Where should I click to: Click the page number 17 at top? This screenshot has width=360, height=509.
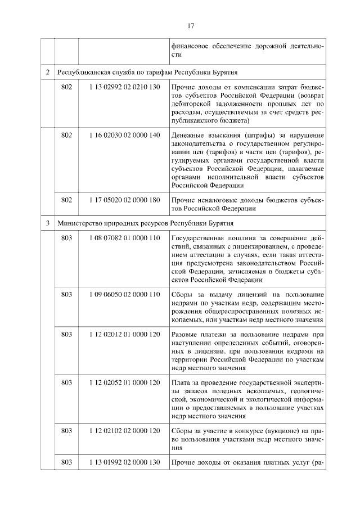(x=191, y=25)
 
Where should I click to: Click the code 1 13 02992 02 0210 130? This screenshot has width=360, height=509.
(x=125, y=88)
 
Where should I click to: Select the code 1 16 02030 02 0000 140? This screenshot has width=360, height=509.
(x=125, y=135)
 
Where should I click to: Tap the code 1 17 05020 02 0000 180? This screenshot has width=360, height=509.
(x=125, y=199)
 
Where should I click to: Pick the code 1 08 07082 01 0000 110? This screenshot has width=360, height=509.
(x=125, y=239)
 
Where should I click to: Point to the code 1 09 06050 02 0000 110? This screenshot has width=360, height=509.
(x=125, y=295)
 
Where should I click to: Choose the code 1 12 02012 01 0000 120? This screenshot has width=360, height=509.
(x=125, y=334)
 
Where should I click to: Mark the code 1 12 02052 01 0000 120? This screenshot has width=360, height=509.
(x=125, y=382)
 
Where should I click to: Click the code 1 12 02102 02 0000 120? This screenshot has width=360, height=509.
(x=125, y=430)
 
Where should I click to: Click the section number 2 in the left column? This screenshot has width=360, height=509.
(x=48, y=73)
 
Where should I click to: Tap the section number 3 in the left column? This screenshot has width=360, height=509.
(x=48, y=223)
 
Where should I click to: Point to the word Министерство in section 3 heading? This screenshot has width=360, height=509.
(x=80, y=223)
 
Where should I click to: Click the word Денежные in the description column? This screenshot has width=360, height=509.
(x=187, y=135)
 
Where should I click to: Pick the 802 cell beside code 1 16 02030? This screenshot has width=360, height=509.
(x=66, y=135)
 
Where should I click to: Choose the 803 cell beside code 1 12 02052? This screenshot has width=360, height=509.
(x=66, y=382)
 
